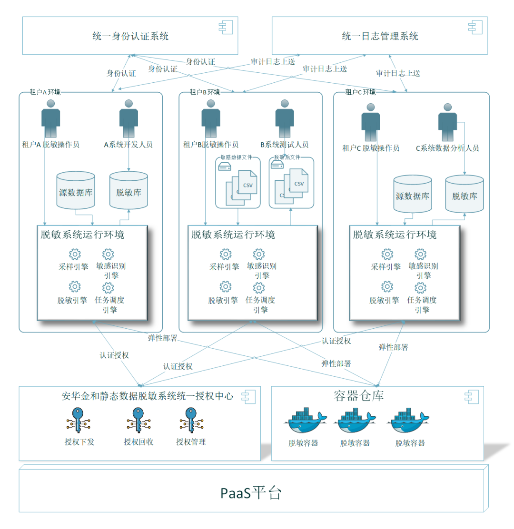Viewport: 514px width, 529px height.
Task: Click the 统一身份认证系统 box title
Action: click(x=130, y=36)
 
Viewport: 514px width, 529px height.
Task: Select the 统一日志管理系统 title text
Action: click(x=380, y=36)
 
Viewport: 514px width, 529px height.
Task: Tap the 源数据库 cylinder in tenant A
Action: click(x=75, y=191)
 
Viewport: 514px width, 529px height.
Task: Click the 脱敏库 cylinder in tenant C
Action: click(x=464, y=195)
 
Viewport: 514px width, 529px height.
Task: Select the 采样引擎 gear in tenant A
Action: click(x=75, y=255)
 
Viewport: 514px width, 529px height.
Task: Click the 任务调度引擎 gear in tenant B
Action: click(x=258, y=288)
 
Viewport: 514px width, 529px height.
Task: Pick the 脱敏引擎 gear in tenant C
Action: click(x=387, y=287)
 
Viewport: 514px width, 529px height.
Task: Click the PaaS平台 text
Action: click(x=251, y=493)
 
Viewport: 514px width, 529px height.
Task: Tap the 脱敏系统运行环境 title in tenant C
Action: click(x=395, y=235)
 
